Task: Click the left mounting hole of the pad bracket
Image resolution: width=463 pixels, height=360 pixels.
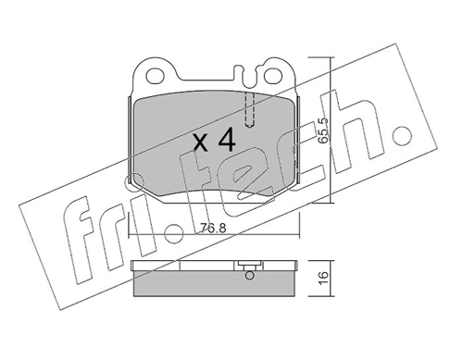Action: pos(153,72)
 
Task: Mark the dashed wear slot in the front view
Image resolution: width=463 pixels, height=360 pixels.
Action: pos(248,109)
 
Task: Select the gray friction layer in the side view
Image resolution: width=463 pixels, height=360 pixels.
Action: pos(214,286)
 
